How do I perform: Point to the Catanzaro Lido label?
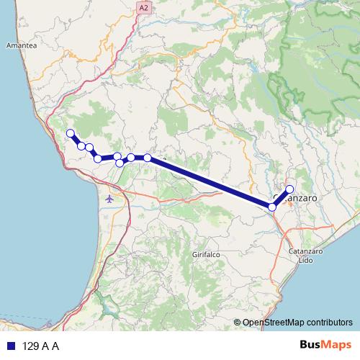click(305, 256)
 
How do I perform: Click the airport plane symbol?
click(109, 199)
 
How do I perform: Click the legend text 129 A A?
click(40, 346)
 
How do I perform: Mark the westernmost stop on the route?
click(70, 132)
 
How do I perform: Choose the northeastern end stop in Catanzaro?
click(289, 189)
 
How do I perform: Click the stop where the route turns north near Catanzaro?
click(272, 207)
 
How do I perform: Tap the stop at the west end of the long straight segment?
click(148, 157)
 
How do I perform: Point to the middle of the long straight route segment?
click(210, 182)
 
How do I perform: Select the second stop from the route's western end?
click(81, 146)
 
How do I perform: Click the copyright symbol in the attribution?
click(237, 323)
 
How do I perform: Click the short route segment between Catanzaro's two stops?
click(281, 199)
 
